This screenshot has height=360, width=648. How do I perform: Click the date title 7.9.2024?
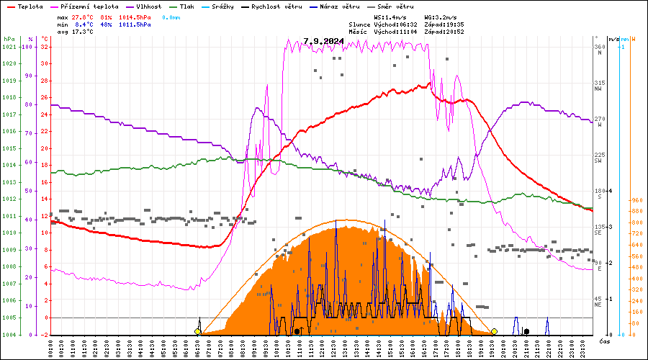(323, 42)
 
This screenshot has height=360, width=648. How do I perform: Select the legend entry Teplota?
(31, 6)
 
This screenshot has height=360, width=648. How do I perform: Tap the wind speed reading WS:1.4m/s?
(391, 16)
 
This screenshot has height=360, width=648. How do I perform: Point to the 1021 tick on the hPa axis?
(9, 47)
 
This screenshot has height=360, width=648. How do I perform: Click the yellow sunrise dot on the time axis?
(197, 332)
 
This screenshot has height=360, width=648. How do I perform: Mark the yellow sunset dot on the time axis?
(494, 332)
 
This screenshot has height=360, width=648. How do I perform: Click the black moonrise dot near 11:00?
(297, 332)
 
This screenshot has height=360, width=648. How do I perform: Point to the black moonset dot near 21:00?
(527, 332)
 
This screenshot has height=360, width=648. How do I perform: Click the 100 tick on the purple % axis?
(28, 47)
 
